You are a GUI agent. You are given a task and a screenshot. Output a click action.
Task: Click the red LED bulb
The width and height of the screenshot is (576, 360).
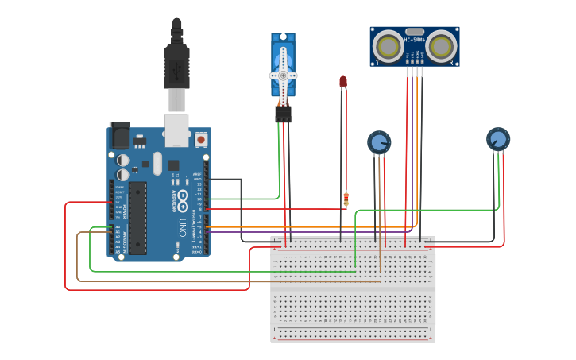coord(343,81)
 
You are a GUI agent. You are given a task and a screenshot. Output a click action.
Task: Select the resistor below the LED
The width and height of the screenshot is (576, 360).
coord(346,198)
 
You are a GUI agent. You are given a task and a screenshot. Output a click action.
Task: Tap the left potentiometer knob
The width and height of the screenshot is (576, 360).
coord(379,142)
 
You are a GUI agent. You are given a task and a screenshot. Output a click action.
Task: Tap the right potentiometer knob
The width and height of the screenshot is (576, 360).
coord(498,139)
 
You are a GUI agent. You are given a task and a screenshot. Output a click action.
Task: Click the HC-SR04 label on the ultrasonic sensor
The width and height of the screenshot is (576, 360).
coord(414,39)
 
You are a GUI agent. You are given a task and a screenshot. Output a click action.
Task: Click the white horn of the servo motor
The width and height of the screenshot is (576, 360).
coord(283,75)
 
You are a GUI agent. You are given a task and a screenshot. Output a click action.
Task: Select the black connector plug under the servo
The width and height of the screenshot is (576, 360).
coord(283,114)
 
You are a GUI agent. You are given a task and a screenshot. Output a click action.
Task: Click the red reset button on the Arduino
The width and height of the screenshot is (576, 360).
coord(200,139)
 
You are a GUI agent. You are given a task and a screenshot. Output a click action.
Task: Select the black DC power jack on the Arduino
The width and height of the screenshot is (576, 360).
coord(119,135)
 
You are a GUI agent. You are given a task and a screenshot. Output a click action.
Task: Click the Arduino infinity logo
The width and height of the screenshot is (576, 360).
coord(182,198)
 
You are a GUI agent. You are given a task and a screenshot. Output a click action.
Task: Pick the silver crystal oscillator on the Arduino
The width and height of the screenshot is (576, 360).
coord(157,163)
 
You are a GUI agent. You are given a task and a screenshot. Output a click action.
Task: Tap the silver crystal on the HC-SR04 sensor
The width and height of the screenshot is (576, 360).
coord(414,32)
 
